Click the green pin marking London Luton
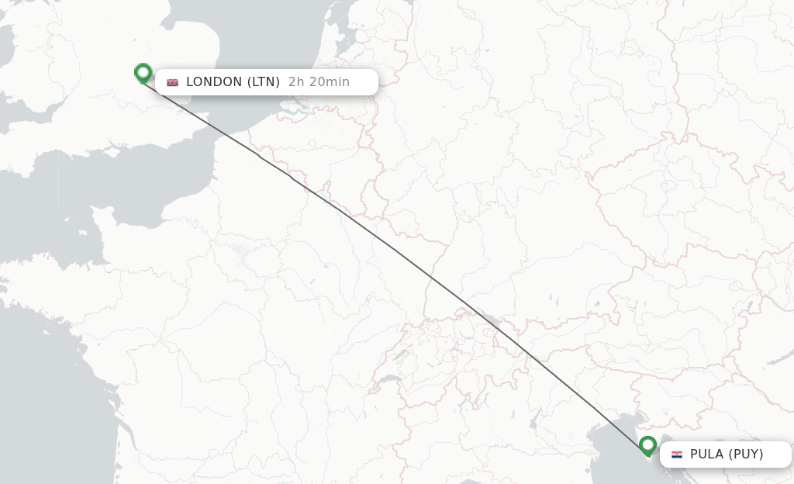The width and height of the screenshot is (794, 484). pos(143,73)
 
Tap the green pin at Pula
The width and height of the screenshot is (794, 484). pos(647,445)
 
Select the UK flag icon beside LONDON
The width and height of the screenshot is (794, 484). pos(172,82)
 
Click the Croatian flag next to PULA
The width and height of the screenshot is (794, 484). pos(677,455)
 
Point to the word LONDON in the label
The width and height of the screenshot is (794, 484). pos(214,82)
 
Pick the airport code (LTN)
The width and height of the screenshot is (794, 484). pos(264,82)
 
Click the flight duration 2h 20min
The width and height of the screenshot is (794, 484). pos(319,82)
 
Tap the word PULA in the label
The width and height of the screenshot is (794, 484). pos(706,455)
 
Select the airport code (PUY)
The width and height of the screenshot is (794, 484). pos(744,455)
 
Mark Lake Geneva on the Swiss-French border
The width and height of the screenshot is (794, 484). pos(385,380)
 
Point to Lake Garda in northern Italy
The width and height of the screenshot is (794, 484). pos(534,420)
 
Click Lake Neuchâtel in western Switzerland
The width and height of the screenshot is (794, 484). pos(400,356)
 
